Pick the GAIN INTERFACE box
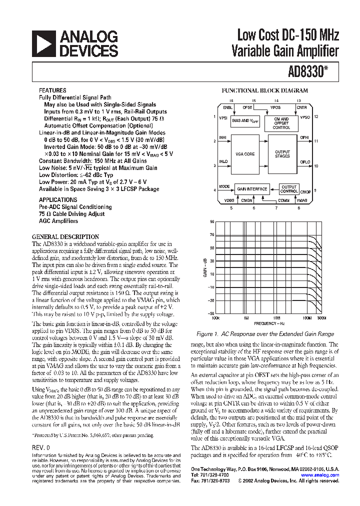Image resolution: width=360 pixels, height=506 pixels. pyautogui.click(x=252, y=189)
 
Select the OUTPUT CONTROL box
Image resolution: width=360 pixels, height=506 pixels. pyautogui.click(x=289, y=189)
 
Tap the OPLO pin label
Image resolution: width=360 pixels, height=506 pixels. pyautogui.click(x=304, y=162)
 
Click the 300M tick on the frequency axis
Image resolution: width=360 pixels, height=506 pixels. pyautogui.click(x=321, y=317)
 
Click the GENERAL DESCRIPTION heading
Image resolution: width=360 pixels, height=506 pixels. pyautogui.click(x=65, y=236)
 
